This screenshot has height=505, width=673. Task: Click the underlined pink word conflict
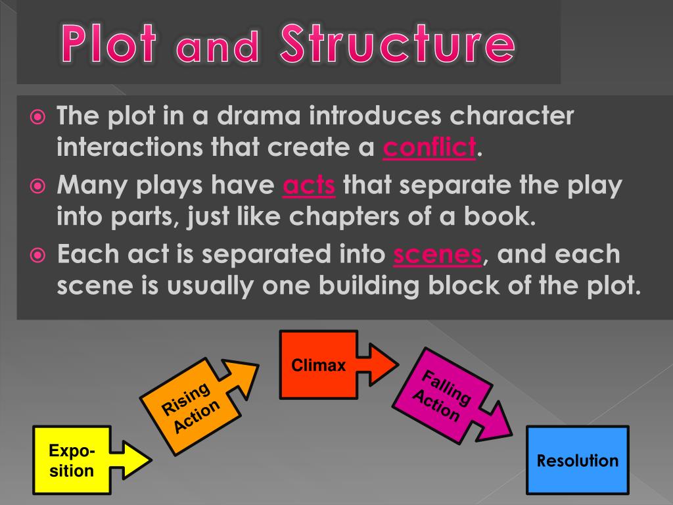pyautogui.click(x=429, y=147)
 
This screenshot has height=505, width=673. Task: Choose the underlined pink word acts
pyautogui.click(x=309, y=186)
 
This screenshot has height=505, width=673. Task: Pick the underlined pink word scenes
pyautogui.click(x=437, y=254)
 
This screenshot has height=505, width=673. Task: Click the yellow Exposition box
pyautogui.click(x=71, y=460)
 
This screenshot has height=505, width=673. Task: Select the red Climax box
pyautogui.click(x=319, y=366)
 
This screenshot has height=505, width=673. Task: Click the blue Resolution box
pyautogui.click(x=578, y=460)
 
